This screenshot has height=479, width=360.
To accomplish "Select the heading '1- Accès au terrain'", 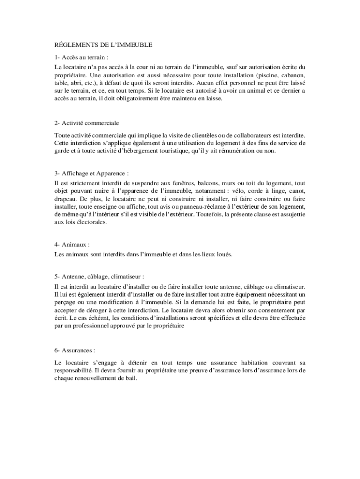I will click(x=81, y=58).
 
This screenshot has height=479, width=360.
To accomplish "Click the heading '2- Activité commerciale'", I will click(x=86, y=123).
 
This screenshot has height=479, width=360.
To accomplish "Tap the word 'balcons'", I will click(x=210, y=183).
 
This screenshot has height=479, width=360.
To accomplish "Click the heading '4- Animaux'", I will click(x=72, y=245).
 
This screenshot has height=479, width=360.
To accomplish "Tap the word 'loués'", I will click(x=223, y=255).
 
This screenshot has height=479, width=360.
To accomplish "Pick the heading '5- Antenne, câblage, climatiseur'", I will click(x=99, y=276).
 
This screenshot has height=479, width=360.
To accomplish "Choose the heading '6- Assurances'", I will click(x=75, y=350).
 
